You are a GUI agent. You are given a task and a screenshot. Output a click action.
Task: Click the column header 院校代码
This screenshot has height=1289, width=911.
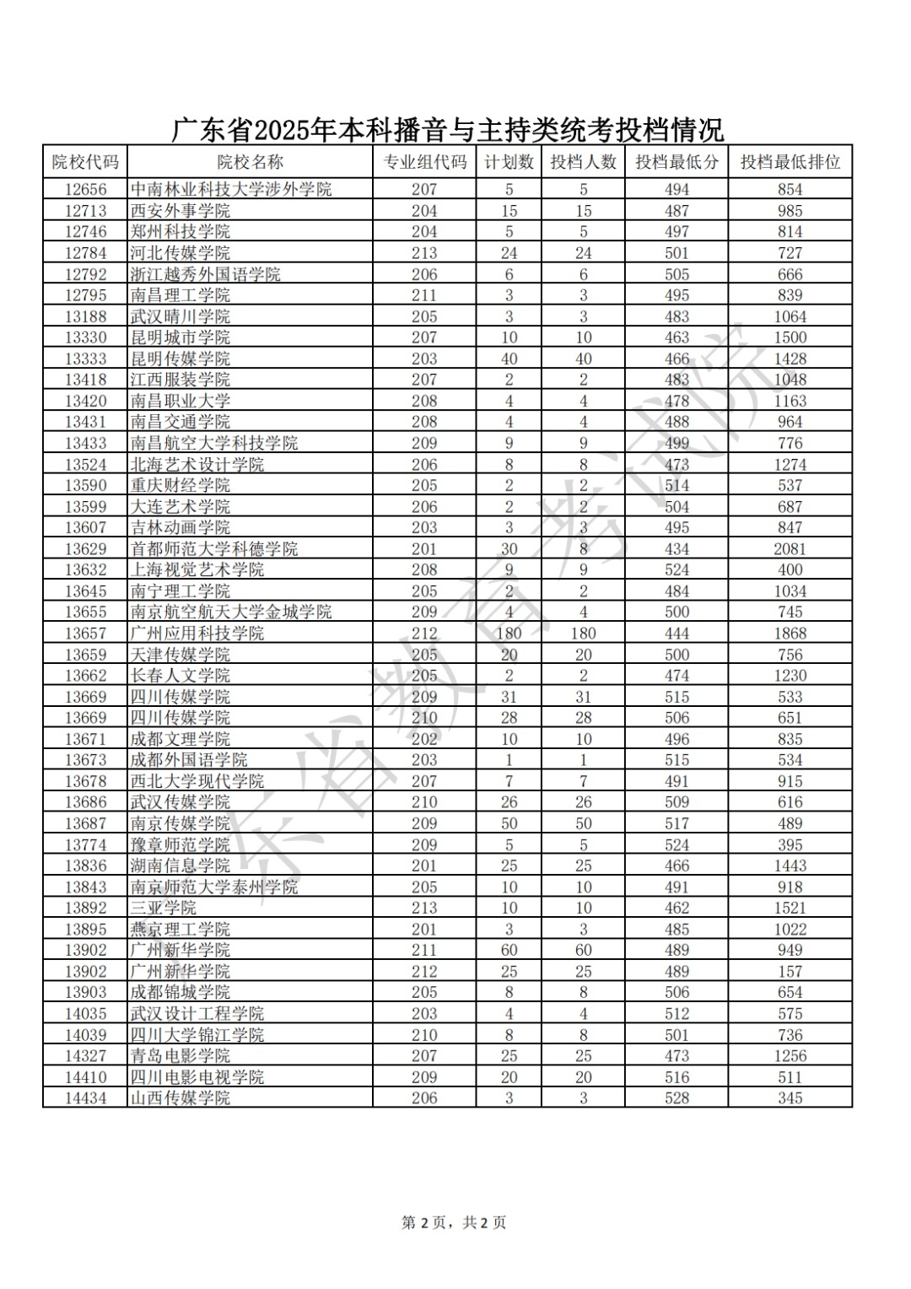click(x=85, y=162)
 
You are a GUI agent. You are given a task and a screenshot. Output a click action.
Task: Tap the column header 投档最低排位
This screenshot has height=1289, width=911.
click(x=790, y=162)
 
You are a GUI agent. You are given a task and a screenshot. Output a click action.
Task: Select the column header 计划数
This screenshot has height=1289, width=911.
click(x=509, y=162)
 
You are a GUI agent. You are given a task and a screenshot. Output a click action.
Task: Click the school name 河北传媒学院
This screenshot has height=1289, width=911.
click(x=180, y=253)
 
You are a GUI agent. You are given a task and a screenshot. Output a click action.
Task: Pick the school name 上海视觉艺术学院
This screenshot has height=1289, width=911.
click(x=197, y=570)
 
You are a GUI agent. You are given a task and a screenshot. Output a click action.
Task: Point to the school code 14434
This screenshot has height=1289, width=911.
click(x=85, y=1098)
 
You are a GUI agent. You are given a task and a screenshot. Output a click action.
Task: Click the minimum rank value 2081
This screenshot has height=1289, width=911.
click(x=790, y=549)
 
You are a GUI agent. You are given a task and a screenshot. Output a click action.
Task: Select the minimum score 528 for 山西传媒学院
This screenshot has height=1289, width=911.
click(x=677, y=1098)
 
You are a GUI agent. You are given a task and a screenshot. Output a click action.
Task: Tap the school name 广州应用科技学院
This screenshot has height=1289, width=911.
click(x=197, y=634)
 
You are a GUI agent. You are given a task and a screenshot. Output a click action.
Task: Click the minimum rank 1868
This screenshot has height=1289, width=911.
click(x=790, y=634)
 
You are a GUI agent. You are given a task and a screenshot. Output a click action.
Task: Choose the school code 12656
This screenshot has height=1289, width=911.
click(x=85, y=190)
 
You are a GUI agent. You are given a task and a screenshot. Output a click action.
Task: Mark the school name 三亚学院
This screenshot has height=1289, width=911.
click(x=163, y=909)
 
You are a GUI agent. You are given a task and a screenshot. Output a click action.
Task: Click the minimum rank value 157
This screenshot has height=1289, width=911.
click(x=790, y=972)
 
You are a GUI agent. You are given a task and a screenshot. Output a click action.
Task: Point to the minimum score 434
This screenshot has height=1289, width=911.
click(x=677, y=549)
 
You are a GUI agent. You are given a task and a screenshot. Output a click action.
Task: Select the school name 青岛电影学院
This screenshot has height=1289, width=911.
click(x=180, y=1056)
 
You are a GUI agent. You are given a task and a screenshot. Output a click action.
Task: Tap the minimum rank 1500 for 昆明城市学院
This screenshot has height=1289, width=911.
click(x=790, y=337)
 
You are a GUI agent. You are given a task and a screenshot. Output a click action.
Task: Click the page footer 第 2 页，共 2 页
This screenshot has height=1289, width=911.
click(x=454, y=1222)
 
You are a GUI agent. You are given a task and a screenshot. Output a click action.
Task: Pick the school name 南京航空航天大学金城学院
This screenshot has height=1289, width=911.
click(x=230, y=612)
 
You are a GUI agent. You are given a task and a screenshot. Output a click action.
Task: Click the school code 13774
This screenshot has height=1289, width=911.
click(x=85, y=845)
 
